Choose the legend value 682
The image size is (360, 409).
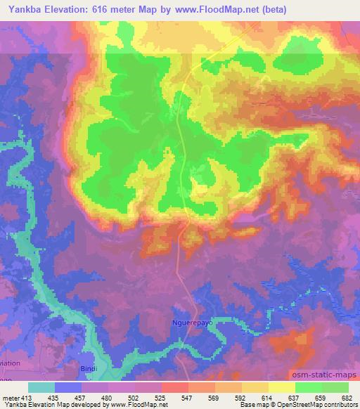tap(347, 397)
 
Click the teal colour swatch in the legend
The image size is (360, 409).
tap(41, 387)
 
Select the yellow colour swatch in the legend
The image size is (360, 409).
tap(282, 387)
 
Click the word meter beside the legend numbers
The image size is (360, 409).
tap(11, 397)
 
